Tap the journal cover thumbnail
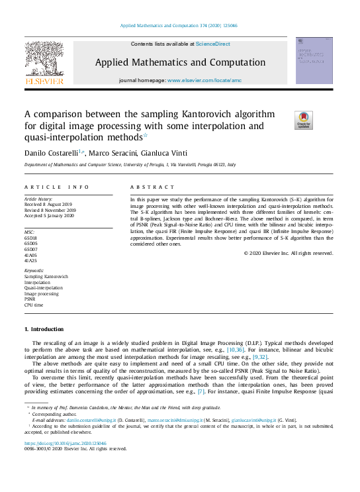(x=314, y=61)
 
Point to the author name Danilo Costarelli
(x=50, y=154)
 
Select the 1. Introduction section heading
(x=44, y=329)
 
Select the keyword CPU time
(x=34, y=306)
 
